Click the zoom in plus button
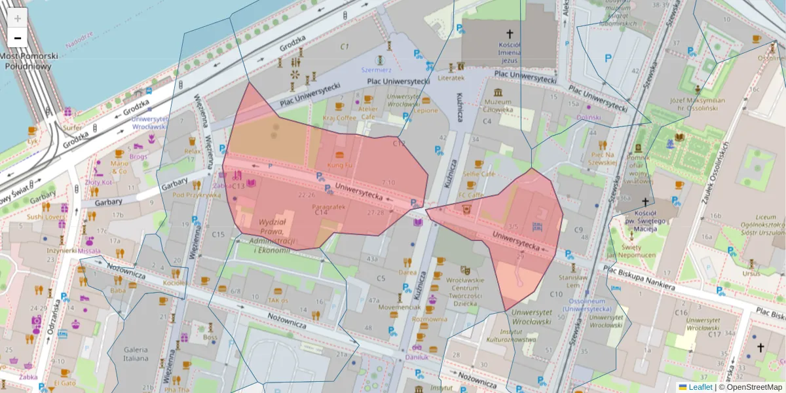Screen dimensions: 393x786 click(x=18, y=18)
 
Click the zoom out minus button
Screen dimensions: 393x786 click(x=18, y=38)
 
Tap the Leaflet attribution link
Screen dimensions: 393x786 click(x=700, y=387)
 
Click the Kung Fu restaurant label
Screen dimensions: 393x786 click(x=339, y=166)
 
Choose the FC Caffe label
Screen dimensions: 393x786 click(x=470, y=195)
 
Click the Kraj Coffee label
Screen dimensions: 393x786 click(x=339, y=117)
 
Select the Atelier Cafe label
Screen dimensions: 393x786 click(x=367, y=113)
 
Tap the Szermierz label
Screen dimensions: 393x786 click(x=376, y=69)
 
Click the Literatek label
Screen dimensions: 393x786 click(x=451, y=77)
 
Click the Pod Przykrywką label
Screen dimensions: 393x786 click(x=196, y=195)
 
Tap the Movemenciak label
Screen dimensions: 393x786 click(x=400, y=307)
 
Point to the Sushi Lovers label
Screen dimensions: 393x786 click(x=46, y=216)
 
